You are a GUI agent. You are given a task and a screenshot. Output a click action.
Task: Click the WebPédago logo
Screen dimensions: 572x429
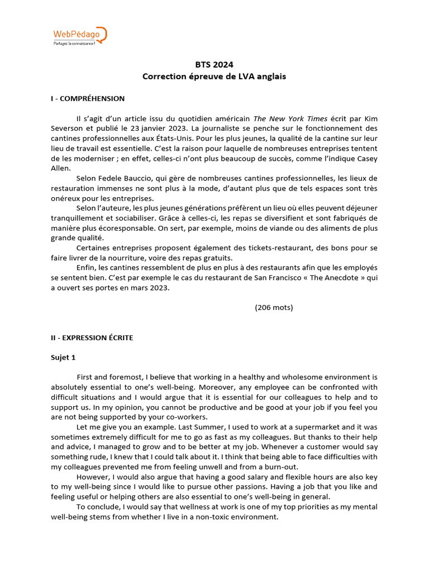coord(79,36)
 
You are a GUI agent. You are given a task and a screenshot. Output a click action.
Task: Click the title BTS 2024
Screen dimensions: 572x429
coord(214,65)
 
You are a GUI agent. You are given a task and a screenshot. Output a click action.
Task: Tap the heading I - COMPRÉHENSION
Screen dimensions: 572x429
coord(88,98)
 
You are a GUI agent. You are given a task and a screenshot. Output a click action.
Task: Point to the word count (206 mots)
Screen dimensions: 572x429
coord(274,307)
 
